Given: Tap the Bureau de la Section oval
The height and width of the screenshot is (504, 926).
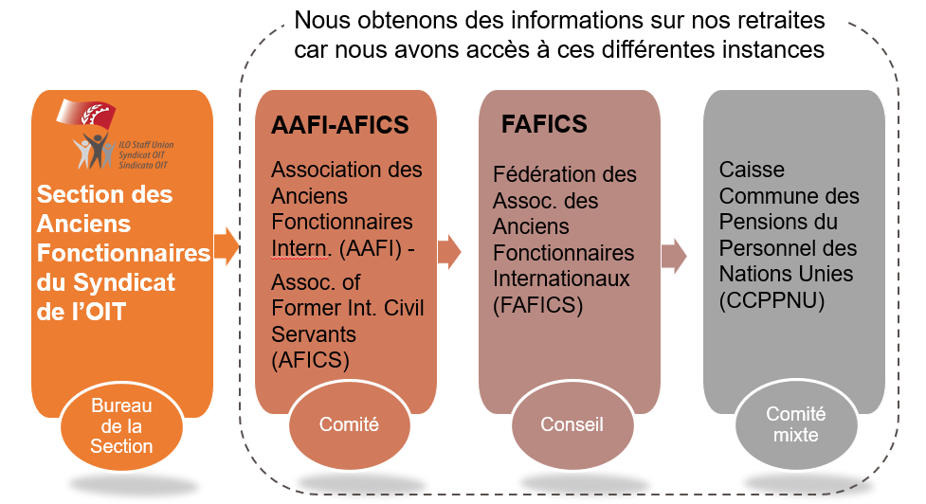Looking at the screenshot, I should (121, 425).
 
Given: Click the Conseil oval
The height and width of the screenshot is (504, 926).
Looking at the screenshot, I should (572, 424).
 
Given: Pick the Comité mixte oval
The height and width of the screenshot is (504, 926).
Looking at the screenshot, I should (795, 424).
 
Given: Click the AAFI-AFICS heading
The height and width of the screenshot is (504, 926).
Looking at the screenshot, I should (339, 126).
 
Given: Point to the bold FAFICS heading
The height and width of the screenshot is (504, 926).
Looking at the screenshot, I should (544, 124).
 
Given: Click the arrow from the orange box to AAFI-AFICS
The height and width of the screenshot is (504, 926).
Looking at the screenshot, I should (227, 248).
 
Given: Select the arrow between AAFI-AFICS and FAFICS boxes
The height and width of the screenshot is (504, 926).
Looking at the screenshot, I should (449, 252).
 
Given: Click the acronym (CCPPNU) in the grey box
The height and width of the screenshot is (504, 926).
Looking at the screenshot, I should (771, 299).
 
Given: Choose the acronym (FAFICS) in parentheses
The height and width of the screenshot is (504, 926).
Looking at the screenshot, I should (537, 305).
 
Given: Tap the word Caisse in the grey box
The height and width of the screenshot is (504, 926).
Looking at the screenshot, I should (748, 171).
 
